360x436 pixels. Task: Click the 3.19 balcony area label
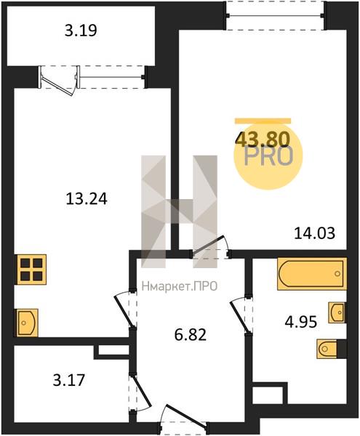point(81,31)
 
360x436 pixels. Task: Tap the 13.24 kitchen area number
point(87,199)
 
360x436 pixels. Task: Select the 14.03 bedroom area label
point(315,233)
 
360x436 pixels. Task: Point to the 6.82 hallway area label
point(191,335)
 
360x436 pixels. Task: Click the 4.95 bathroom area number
point(301,322)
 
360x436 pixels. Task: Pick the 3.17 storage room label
point(68,380)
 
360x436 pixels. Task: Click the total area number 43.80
point(263,140)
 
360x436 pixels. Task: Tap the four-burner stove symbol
point(32,270)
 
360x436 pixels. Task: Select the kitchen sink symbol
point(27,323)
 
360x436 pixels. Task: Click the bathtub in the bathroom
point(312,274)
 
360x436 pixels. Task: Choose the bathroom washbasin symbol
point(337,312)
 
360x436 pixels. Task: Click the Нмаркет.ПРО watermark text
point(180,286)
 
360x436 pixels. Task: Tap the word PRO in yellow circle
point(269,156)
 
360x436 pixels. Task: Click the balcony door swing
point(59,81)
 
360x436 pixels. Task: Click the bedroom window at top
point(276,15)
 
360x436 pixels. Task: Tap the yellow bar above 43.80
point(263,121)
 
